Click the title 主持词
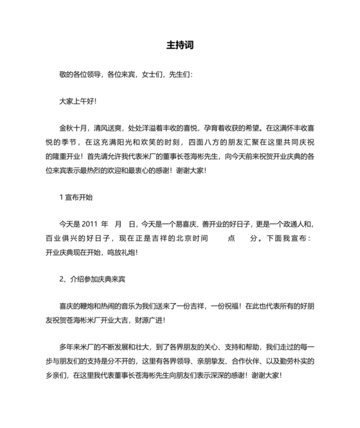[x=180, y=46]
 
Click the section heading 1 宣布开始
[x=76, y=197]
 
